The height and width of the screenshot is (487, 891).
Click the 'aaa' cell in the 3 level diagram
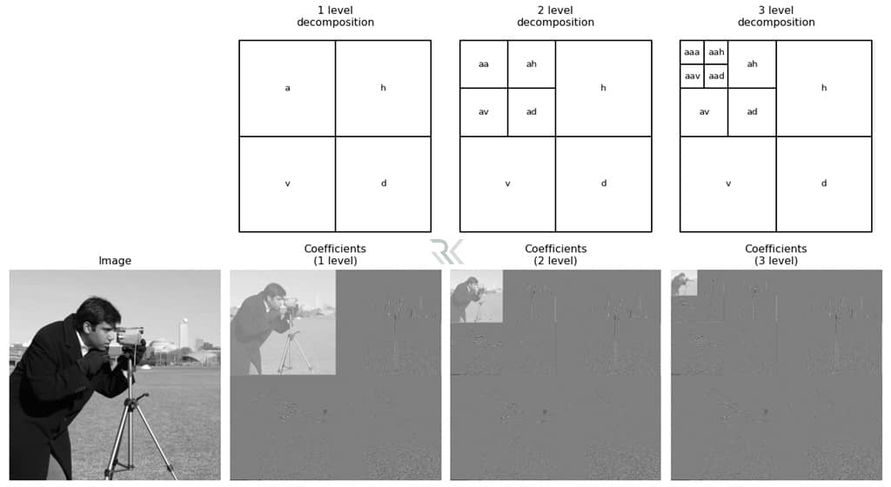point(692,52)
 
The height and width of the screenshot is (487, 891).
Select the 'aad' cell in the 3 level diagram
point(716,77)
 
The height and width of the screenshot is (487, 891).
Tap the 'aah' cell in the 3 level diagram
point(716,52)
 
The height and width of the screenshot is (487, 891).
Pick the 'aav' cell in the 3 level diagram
point(692,77)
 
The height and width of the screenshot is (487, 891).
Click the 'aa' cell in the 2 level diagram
point(484,64)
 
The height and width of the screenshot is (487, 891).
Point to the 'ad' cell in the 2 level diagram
point(532,112)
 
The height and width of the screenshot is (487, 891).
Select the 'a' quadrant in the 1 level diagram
point(287,88)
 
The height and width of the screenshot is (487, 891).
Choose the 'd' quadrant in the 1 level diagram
point(383,183)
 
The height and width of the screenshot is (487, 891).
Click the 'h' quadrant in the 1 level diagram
point(383,88)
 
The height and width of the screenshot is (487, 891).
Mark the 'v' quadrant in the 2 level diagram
point(507,183)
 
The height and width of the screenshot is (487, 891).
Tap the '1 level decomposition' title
point(335,16)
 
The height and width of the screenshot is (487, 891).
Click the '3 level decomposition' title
point(775,16)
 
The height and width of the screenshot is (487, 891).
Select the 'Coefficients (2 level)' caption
point(555,254)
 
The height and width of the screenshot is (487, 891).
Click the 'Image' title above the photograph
point(115,260)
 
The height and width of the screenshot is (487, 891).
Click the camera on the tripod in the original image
point(131,335)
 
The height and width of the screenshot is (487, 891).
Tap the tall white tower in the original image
point(183,332)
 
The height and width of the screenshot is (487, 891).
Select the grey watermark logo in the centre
point(446,251)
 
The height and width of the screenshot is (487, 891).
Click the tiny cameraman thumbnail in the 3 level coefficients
point(684,283)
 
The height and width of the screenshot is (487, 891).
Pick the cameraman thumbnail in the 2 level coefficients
point(477,296)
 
